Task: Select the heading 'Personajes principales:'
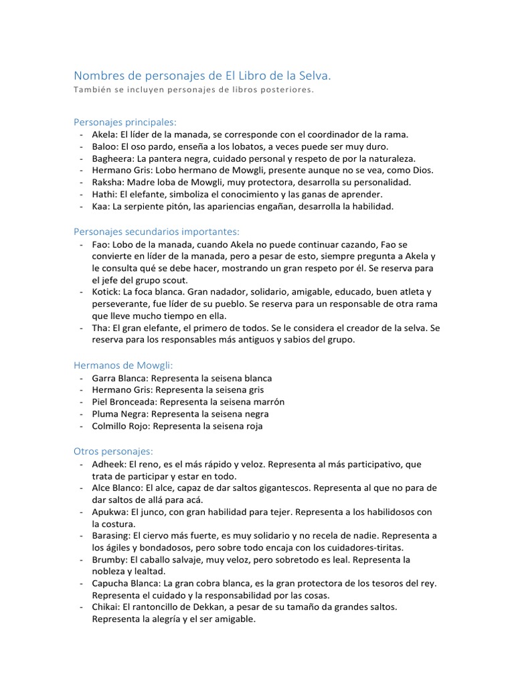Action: point(124,122)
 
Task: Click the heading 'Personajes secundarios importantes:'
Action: point(156,231)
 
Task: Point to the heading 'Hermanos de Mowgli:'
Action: point(122,365)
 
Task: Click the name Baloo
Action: point(104,146)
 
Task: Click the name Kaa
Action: point(100,207)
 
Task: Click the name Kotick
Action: point(106,292)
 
